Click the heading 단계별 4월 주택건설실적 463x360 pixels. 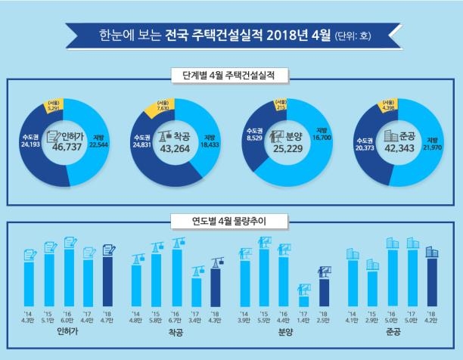(231, 76)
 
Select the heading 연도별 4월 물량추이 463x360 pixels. (231, 221)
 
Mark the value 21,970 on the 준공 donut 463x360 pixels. (431, 144)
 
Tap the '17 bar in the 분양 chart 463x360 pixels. (304, 300)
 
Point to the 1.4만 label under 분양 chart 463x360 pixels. (304, 320)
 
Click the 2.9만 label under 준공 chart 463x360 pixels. (372, 320)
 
